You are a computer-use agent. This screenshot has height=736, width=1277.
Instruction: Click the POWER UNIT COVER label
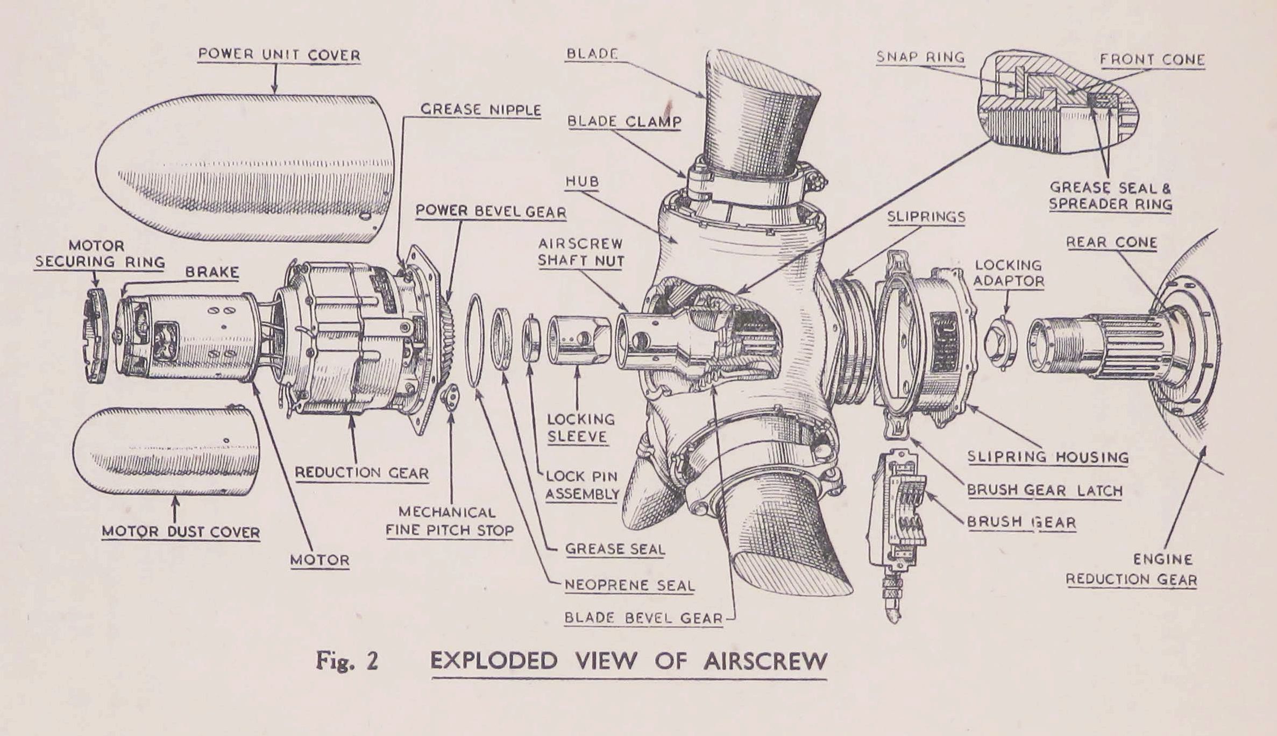(279, 55)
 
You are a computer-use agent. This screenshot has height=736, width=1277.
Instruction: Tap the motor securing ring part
(97, 336)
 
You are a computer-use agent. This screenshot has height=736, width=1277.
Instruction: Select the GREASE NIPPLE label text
(480, 110)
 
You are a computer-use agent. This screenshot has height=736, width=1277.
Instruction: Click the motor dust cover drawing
(167, 451)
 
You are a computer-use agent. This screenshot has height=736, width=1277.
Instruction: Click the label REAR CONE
(1111, 243)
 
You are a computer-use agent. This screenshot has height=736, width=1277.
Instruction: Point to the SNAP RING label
(920, 57)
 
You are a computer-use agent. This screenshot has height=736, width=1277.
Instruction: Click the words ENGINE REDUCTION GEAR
(1131, 570)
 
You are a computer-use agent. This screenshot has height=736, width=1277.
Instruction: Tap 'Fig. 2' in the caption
(347, 661)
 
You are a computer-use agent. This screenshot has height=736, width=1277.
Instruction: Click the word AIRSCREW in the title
(764, 661)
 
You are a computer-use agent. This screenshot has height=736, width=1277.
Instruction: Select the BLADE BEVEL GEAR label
(643, 618)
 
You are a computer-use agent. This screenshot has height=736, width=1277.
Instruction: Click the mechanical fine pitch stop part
(450, 397)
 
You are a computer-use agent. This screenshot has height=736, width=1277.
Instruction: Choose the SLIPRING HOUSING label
(1048, 457)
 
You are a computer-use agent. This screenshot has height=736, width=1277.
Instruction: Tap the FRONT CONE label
(1152, 59)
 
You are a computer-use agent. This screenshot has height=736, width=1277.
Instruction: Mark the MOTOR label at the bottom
(320, 560)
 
